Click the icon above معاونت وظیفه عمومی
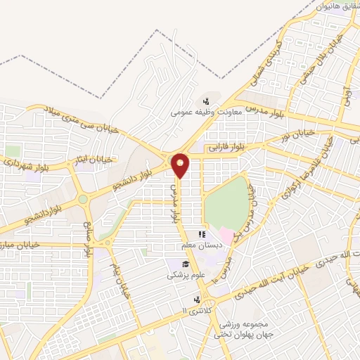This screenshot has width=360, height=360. (x=206, y=101)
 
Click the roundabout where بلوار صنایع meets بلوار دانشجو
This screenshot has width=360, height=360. (x=83, y=199)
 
